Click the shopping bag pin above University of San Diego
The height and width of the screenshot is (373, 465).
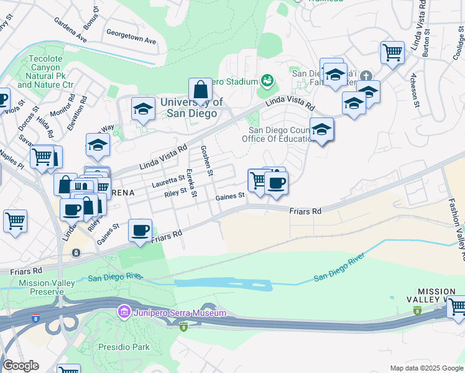pos(200,91)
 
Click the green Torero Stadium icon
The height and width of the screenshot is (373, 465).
pos(267,80)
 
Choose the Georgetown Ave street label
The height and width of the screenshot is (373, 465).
pos(131,35)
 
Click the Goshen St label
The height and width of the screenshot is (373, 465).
pos(207,160)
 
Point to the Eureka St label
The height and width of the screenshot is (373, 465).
pos(191,183)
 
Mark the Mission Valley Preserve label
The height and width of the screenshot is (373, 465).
pos(47,287)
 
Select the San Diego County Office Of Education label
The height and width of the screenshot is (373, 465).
pos(280,134)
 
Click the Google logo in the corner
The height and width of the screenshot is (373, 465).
pos(21,366)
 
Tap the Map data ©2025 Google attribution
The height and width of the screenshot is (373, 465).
pos(426,368)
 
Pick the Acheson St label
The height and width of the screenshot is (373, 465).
pos(414,90)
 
